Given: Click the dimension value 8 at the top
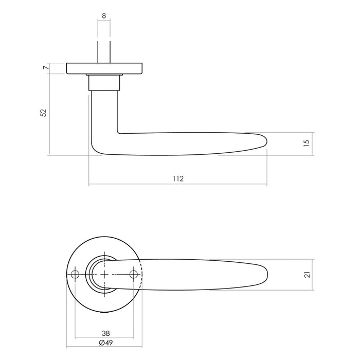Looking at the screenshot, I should (104, 16).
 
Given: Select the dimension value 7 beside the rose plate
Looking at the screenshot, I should (45, 68).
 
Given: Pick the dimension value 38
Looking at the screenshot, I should (106, 333).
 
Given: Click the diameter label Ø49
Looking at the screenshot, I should (105, 343).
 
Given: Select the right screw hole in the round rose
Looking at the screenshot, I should (135, 274).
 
